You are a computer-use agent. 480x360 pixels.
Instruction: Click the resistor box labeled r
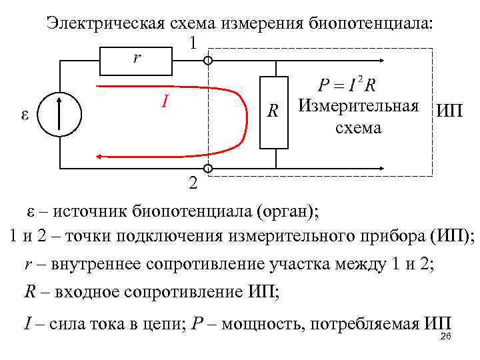pyautogui.click(x=136, y=61)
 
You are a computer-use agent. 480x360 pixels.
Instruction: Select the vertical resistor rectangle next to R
pyautogui.click(x=274, y=112)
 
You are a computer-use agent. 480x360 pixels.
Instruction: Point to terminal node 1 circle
pyautogui.click(x=208, y=61)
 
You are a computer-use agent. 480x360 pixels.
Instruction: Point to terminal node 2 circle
pyautogui.click(x=208, y=169)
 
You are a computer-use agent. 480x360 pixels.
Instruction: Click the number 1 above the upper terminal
pyautogui.click(x=193, y=43)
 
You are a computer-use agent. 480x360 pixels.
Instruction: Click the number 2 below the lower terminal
pyautogui.click(x=193, y=183)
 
